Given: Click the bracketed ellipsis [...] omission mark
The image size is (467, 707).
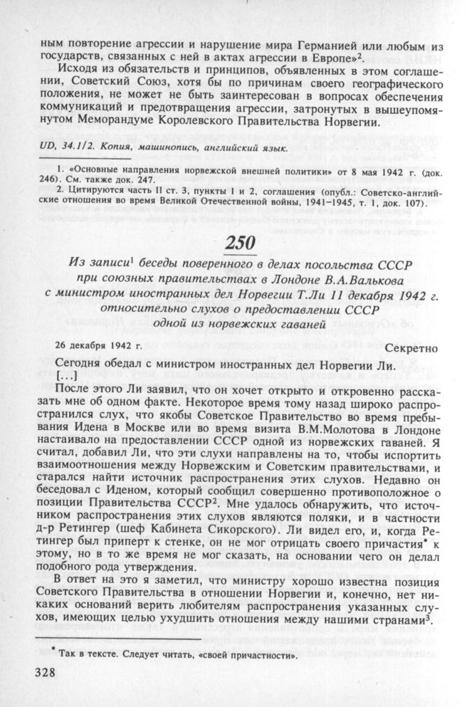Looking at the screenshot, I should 65,375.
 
